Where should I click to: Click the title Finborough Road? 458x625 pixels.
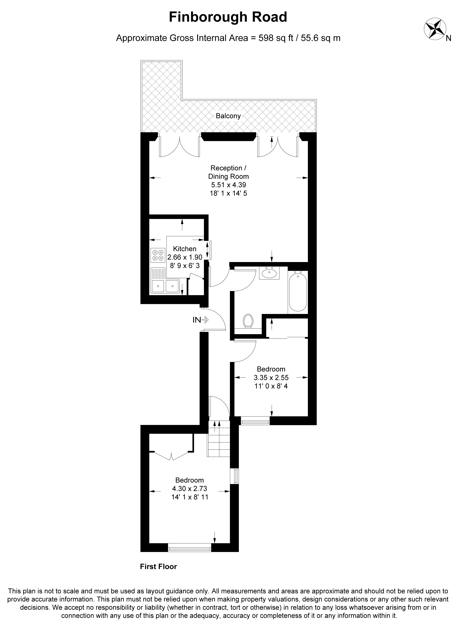click(228, 17)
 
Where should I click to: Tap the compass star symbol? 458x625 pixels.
click(435, 29)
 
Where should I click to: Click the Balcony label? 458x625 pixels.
click(228, 116)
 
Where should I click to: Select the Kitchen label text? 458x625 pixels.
click(185, 249)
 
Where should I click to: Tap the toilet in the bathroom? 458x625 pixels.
click(248, 321)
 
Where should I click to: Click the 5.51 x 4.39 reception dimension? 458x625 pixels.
click(228, 185)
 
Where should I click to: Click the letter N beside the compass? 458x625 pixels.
click(449, 39)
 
